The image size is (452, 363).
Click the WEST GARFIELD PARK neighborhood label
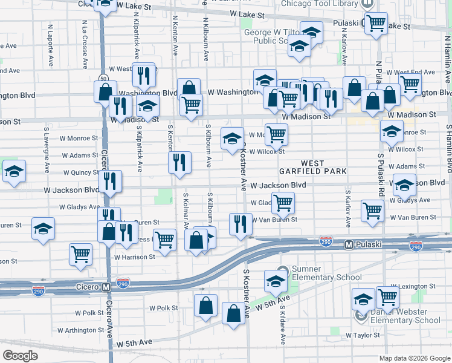click(312, 168)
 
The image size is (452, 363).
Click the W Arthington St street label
click(81, 330)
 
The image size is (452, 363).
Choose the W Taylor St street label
click(363, 335)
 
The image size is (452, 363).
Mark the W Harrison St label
click(134, 257)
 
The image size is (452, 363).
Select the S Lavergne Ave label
click(46, 148)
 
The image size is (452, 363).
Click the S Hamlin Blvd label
click(449, 149)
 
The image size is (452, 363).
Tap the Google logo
click(20, 356)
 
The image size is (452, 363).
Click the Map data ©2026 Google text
click(414, 358)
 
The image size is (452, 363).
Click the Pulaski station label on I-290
click(365, 245)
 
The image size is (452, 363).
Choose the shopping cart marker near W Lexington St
click(387, 296)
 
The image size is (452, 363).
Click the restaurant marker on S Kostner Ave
click(240, 224)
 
